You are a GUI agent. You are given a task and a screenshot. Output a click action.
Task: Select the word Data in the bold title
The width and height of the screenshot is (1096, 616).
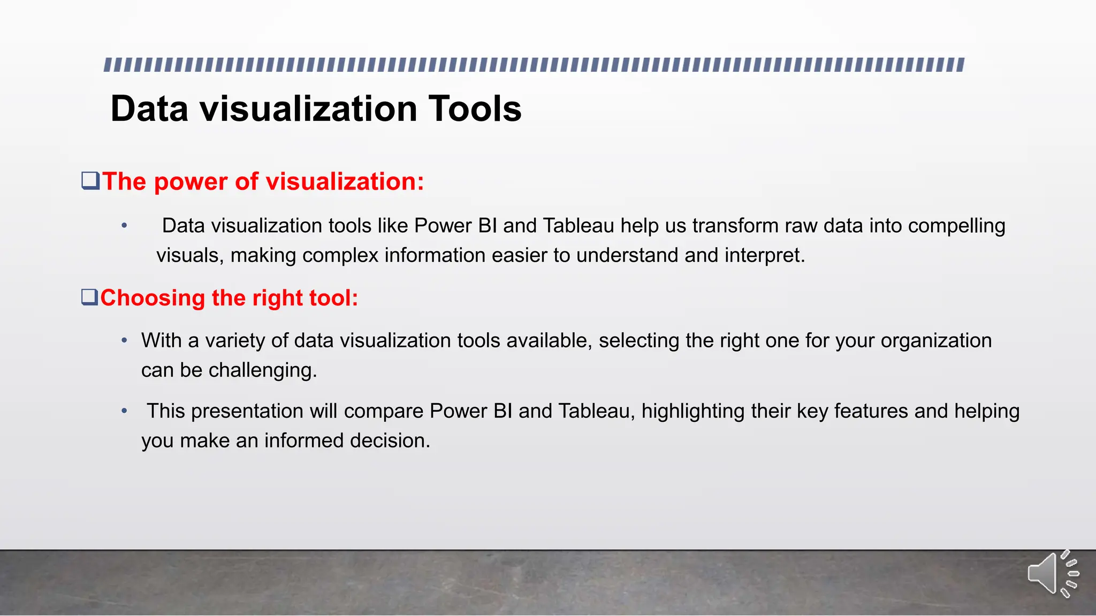[x=149, y=109]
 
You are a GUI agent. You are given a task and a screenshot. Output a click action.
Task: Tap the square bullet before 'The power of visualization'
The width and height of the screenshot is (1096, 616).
[x=90, y=181]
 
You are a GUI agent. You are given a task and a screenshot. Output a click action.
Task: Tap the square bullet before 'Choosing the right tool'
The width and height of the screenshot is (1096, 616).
[x=89, y=297]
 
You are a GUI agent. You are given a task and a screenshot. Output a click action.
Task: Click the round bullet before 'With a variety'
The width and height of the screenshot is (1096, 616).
[x=124, y=341]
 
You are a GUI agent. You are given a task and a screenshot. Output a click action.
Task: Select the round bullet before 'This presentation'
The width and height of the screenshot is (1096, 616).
[x=124, y=411]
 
